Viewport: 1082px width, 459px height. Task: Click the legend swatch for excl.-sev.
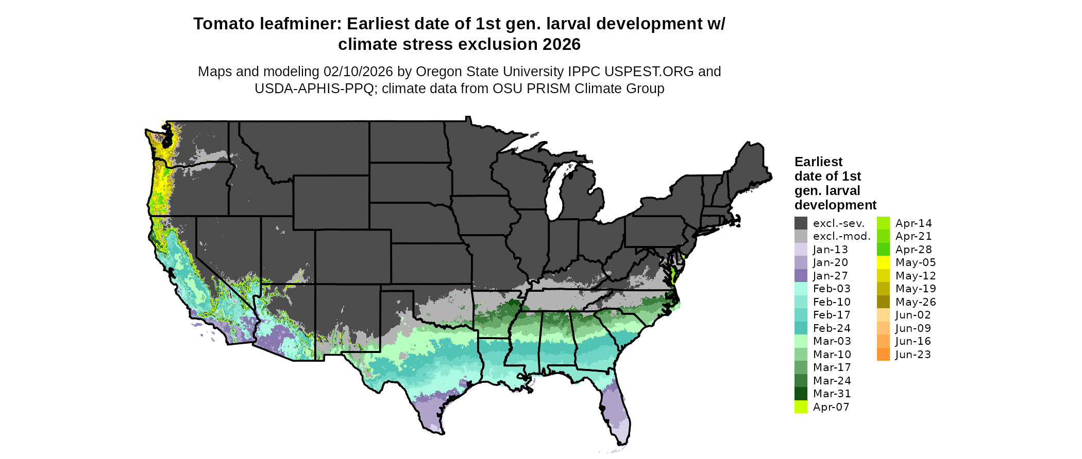tap(801, 223)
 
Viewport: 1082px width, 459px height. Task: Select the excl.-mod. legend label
tap(841, 236)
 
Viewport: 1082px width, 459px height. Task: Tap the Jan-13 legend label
tap(830, 250)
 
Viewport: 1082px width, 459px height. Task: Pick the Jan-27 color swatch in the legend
tap(801, 276)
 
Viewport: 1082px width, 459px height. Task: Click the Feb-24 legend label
tap(832, 328)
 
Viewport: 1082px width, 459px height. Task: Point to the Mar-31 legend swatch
tap(801, 394)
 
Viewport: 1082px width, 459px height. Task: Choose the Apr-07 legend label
tap(831, 407)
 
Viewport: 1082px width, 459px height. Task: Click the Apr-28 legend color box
tap(883, 250)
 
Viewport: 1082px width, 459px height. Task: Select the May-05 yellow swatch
tap(883, 262)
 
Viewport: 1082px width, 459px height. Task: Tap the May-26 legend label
tap(915, 302)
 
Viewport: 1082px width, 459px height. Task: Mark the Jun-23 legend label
tap(913, 355)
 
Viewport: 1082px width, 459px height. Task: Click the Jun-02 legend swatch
tap(883, 315)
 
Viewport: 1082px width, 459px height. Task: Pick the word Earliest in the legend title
tap(818, 162)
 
